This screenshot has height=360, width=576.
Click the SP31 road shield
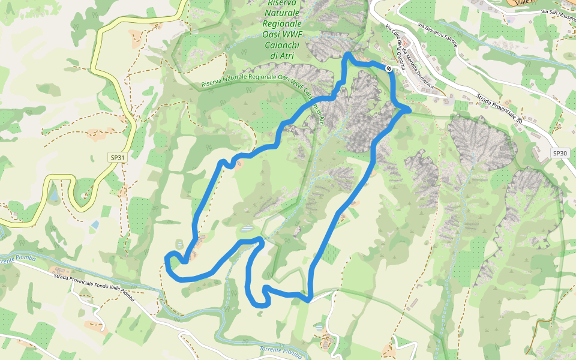118,157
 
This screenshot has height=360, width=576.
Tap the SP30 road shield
559,153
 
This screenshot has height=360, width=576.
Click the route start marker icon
389,69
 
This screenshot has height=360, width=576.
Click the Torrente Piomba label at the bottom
280,351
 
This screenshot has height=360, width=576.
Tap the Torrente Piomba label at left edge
18,259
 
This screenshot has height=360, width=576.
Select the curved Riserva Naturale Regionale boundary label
252,80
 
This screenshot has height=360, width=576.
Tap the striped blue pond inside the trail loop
247,229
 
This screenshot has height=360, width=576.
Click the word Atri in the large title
281,56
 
